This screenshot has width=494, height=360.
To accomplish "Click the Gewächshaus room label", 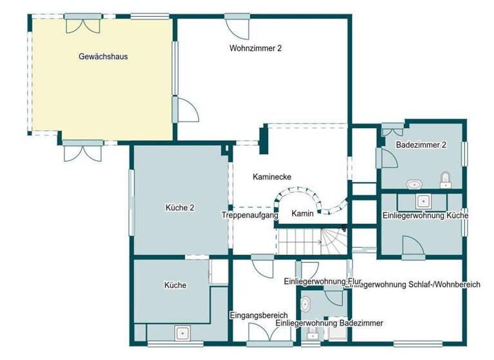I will pos(103,57).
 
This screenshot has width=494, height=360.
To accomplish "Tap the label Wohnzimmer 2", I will pos(255,48).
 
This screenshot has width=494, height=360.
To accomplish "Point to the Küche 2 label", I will pos(180,208).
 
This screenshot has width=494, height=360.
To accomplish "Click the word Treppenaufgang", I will pos(250,215).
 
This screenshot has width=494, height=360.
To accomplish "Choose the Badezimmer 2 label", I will pos(421,145).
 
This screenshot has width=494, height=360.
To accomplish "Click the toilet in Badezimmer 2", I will pos(444,178).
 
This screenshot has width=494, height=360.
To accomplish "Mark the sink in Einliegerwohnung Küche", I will pos(423,201).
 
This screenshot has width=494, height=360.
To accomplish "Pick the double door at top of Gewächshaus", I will pos(82,23).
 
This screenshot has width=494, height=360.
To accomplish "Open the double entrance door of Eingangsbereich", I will pos(264,333).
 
